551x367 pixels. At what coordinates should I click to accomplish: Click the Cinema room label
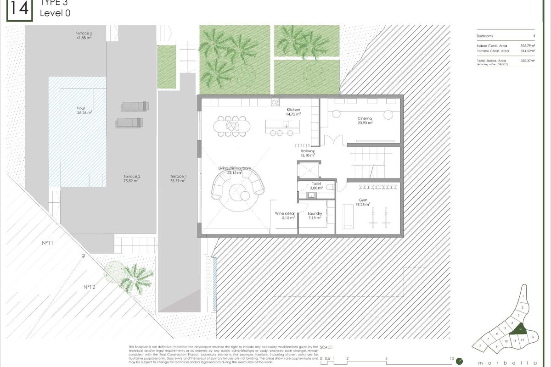tap(365, 118)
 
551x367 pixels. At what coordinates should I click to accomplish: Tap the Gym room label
tap(363, 200)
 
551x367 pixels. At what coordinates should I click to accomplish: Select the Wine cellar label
tap(284, 214)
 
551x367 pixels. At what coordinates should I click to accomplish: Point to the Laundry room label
tap(315, 214)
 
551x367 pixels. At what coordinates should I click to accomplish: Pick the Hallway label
tap(308, 151)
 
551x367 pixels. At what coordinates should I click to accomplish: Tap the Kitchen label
tap(293, 110)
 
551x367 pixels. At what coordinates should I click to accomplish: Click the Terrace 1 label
tap(178, 177)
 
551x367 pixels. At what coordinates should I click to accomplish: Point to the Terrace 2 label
tap(131, 177)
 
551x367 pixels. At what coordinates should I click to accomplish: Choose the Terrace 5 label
tap(84, 33)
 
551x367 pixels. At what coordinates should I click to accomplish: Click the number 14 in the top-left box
tap(19, 10)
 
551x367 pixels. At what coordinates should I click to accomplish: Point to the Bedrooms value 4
tap(534, 36)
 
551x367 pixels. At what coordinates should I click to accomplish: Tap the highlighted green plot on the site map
tap(519, 328)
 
